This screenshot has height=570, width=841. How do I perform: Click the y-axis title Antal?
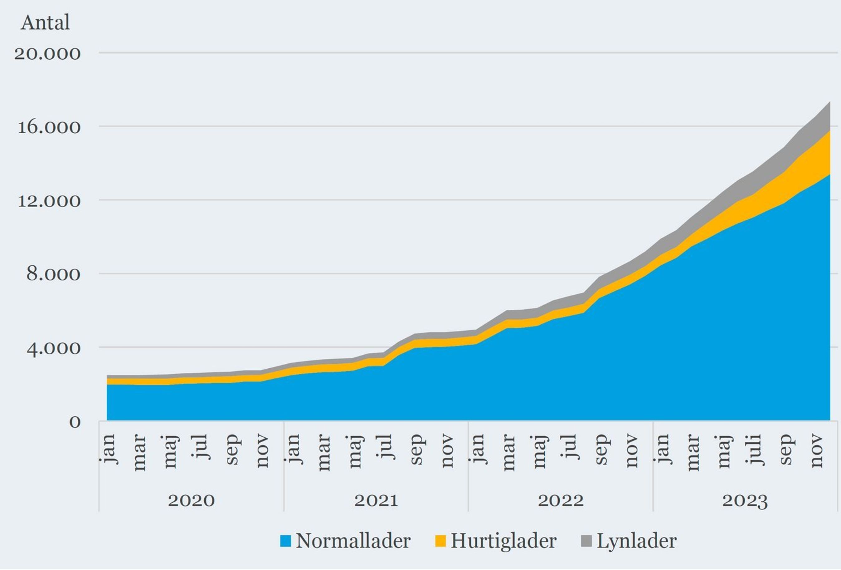tap(45, 22)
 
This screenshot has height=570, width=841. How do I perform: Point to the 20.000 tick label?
tap(47, 54)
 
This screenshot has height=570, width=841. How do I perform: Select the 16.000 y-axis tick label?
tap(49, 127)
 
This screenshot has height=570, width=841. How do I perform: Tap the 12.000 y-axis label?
tap(49, 201)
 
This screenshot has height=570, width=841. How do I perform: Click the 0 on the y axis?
tap(75, 422)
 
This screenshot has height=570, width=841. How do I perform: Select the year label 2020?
tap(192, 501)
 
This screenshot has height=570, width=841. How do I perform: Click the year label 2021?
tap(376, 501)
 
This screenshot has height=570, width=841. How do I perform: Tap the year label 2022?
tap(561, 501)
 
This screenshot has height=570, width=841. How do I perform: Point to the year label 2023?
tap(745, 501)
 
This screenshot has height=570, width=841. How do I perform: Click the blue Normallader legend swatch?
tap(285, 541)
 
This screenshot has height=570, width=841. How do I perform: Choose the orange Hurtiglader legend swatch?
tap(440, 541)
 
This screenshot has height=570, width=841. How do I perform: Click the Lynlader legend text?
tap(636, 541)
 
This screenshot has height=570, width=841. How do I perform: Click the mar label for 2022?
tap(509, 453)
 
